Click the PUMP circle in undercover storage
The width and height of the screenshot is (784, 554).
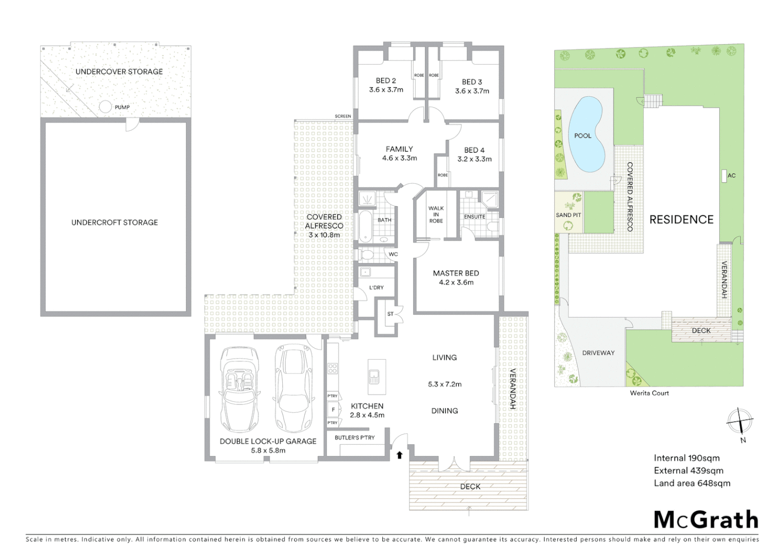(x=105, y=107)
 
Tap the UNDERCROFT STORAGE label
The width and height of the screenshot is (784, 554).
(x=114, y=223)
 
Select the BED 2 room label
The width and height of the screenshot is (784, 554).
(x=386, y=81)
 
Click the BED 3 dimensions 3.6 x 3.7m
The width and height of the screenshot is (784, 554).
(x=472, y=91)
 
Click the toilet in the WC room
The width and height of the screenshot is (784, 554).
(x=367, y=254)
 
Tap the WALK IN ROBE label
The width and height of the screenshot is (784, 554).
(x=436, y=214)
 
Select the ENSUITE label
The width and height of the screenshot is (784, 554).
(x=475, y=216)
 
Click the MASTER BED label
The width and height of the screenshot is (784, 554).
(x=456, y=273)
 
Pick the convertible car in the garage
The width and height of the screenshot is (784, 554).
(x=239, y=390)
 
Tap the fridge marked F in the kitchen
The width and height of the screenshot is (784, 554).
(x=334, y=410)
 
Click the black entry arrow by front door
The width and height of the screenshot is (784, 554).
(x=400, y=455)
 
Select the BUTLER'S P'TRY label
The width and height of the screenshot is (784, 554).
(x=355, y=438)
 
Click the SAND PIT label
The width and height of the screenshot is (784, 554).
(x=569, y=215)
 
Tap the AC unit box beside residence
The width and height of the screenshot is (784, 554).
(x=724, y=175)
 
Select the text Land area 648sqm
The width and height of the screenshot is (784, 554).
(x=692, y=483)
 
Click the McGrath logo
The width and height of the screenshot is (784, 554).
(x=706, y=520)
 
